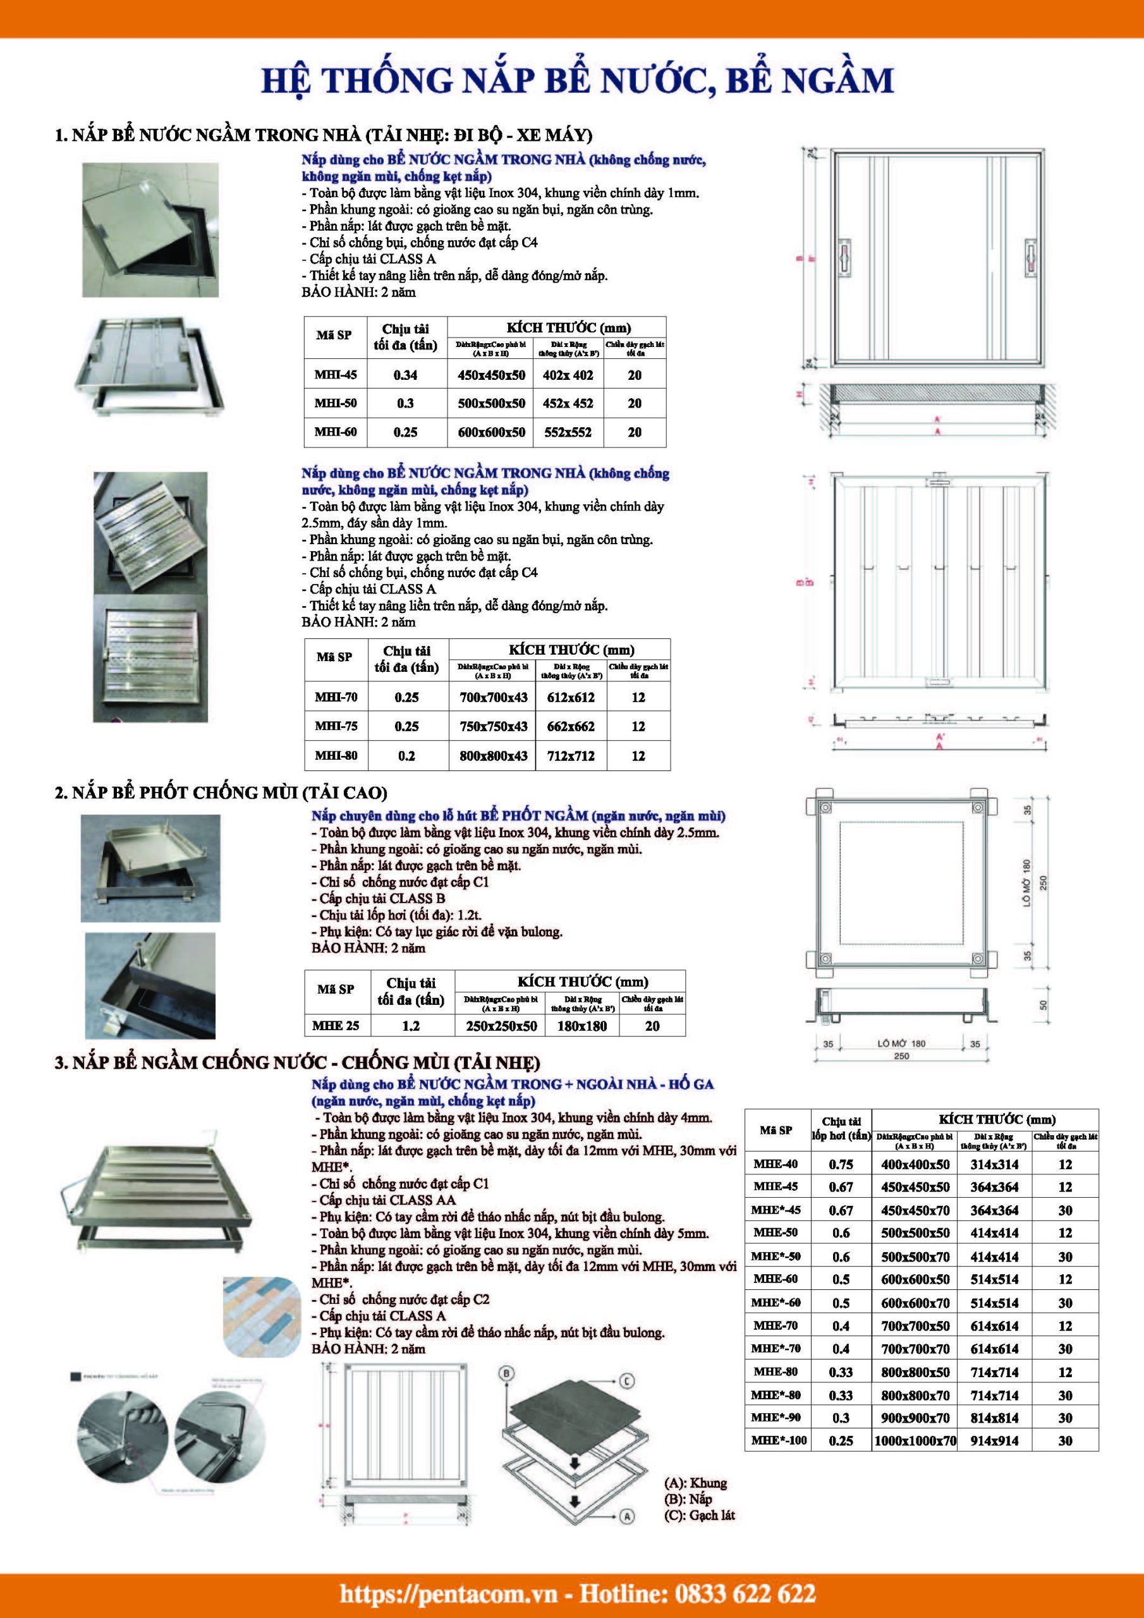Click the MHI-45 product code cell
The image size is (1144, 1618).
[x=336, y=375]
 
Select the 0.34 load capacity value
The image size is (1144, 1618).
[x=405, y=375]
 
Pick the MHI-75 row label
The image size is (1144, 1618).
[x=336, y=726]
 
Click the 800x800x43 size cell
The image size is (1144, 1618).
[x=494, y=755]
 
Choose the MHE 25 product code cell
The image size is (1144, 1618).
[x=336, y=1025]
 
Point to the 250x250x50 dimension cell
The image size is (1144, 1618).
[x=501, y=1026]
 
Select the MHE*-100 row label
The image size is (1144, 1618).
[x=778, y=1440]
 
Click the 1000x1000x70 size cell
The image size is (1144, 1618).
[x=915, y=1441]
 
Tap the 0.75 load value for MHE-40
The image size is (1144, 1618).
[x=841, y=1165]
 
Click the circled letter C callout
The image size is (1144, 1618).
[x=628, y=1380]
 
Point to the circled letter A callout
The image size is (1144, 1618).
[x=628, y=1515]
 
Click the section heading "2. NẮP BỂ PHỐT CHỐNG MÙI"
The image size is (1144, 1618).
[x=221, y=793]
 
